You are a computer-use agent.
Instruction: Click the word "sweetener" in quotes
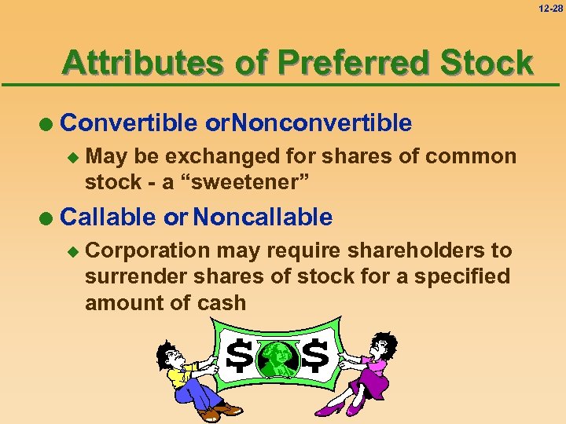coord(247,182)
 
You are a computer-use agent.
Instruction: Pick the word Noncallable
coord(263,217)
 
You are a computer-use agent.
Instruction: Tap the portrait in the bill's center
coord(277,359)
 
